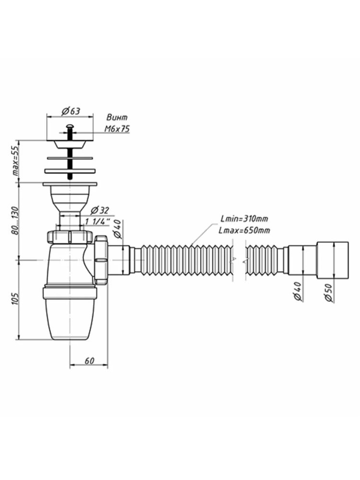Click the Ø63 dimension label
pos(71,111)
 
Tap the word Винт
pos(117,117)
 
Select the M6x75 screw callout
pos(117,129)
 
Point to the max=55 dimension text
pos(16,161)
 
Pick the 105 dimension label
pos(16,299)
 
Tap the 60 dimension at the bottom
pos(89,361)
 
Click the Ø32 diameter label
pos(100,210)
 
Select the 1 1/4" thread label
pos(97,222)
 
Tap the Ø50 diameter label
pos(328,293)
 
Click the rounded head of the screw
pos(70,126)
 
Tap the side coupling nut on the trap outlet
pos(101,260)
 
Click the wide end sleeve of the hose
pos(333,260)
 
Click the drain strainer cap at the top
pos(70,144)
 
